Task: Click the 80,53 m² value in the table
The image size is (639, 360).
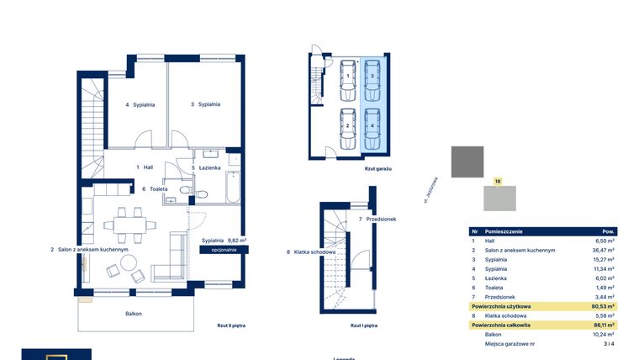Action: [603, 306]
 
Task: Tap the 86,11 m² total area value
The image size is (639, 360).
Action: [603, 325]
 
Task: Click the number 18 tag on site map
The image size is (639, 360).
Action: [498, 181]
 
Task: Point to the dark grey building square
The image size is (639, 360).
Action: [467, 161]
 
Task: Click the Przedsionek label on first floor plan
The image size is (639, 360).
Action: [378, 219]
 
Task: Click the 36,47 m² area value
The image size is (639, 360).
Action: [603, 250]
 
